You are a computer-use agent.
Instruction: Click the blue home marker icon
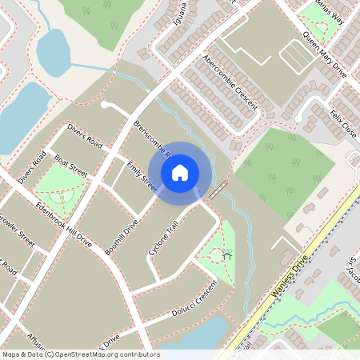pyautogui.click(x=180, y=172)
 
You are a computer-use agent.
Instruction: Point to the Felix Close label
pyautogui.click(x=342, y=122)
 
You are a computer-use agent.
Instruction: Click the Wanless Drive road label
pyautogui.click(x=289, y=276)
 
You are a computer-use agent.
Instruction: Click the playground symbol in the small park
pyautogui.click(x=227, y=256)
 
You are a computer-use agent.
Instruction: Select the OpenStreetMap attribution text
pyautogui.click(x=80, y=354)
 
